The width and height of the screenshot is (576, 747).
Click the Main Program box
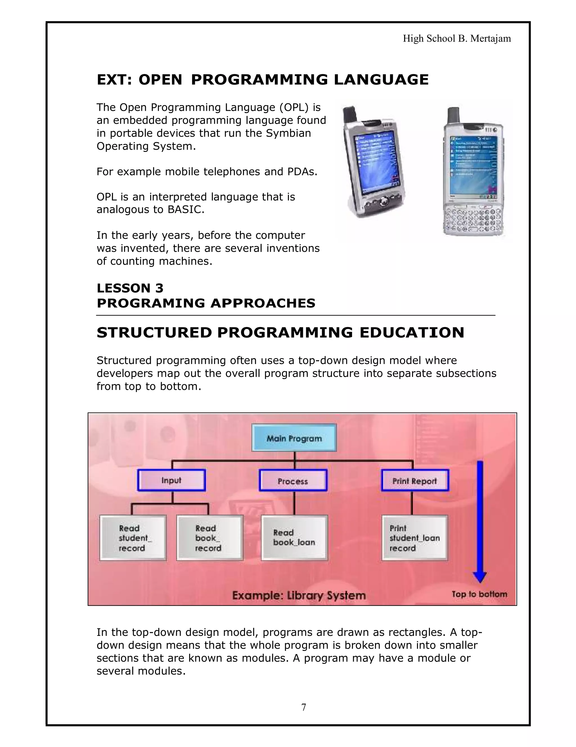294,438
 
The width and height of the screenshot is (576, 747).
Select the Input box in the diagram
171,480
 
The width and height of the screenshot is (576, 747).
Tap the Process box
293,481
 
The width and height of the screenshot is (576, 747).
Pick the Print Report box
415,481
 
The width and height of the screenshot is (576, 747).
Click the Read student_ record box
133,538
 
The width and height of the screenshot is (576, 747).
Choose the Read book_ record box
210,538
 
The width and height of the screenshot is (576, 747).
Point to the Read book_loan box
294,538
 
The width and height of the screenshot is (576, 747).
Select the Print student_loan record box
415,538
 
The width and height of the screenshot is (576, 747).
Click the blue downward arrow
480,520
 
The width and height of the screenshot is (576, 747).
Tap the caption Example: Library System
299,595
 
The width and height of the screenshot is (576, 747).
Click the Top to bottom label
479,594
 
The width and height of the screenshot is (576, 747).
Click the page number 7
304,707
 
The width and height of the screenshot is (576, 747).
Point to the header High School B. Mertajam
457,38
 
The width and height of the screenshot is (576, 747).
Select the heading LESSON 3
130,288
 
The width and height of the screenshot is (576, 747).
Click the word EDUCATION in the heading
412,332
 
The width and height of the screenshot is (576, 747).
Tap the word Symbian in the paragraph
288,133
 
